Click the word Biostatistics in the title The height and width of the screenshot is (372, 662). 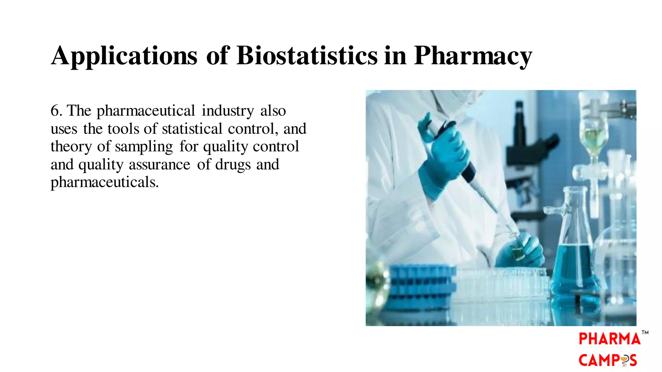pos(307,56)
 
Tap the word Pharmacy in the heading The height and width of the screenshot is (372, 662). pos(473,56)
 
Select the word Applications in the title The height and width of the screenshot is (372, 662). pos(124,56)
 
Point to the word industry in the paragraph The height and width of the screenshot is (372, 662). pos(228,111)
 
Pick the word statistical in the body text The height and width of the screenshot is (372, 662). pos(192,129)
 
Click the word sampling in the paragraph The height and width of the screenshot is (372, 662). pos(144,147)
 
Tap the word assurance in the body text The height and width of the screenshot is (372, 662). pos(159,165)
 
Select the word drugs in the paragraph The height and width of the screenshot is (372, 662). pos(233,165)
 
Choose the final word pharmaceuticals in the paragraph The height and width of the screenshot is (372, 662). pos(104,182)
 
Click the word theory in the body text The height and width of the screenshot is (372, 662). pos(71,147)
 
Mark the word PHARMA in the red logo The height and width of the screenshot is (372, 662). pos(609,339)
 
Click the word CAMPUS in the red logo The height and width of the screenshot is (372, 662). pos(607,360)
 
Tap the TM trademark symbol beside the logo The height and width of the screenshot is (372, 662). pos(645,332)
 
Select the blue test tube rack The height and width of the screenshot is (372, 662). pos(420,284)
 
